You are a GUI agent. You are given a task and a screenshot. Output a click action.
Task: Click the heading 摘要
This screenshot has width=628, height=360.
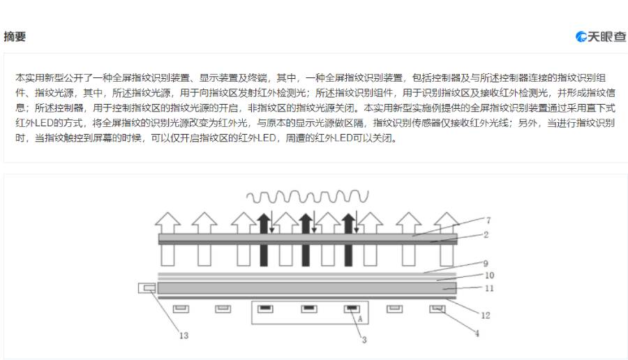(15, 37)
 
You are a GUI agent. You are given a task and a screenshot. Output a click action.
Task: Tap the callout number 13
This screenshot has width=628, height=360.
(184, 336)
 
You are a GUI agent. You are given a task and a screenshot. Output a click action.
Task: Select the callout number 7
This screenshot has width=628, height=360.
(488, 220)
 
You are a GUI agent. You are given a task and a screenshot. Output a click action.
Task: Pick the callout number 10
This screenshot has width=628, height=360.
(489, 276)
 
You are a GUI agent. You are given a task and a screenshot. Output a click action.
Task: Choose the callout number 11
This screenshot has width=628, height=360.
(489, 287)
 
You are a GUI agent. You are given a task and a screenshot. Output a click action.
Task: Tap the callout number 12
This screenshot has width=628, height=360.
(485, 315)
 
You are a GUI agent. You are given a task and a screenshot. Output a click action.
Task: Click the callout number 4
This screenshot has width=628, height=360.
(477, 333)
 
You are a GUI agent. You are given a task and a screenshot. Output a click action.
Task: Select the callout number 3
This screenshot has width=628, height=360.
(364, 339)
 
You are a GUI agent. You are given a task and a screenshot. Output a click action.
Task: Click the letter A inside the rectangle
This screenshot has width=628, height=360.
(360, 319)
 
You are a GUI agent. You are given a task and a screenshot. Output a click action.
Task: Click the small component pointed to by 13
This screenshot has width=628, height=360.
(147, 287)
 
